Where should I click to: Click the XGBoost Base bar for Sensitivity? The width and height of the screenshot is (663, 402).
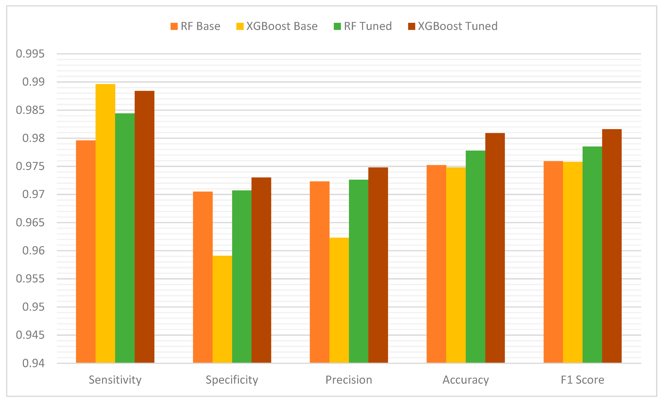pos(105,224)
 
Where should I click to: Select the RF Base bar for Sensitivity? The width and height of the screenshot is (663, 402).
pos(86,252)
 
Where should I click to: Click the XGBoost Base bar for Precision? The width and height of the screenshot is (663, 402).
pos(339,300)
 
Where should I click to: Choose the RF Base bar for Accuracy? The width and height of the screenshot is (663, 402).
pos(436,264)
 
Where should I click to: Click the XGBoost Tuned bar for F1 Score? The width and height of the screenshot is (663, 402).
pos(612,246)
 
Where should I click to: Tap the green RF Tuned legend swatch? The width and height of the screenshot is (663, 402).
pos(337,26)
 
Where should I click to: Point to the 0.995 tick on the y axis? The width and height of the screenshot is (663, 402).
pos(30,54)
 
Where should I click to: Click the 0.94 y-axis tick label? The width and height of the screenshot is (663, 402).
pos(33,363)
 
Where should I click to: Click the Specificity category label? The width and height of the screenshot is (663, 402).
pos(232,380)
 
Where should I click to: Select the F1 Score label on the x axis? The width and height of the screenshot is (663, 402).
pos(582,380)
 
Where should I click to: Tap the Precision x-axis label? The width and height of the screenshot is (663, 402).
pos(349,380)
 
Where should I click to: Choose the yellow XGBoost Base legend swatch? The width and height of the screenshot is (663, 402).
pos(240,26)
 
